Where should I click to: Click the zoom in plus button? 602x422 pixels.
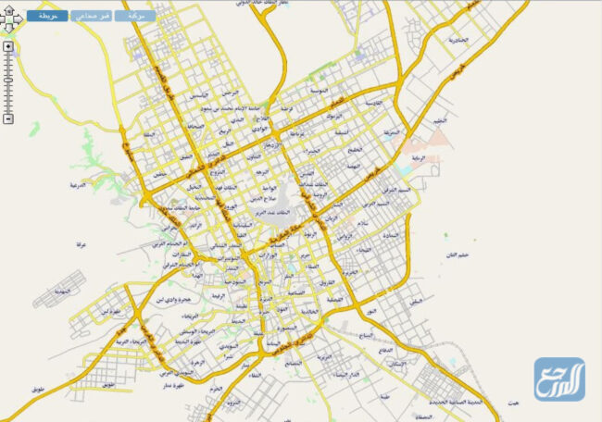click(8, 45)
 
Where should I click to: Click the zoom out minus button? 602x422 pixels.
click(8, 118)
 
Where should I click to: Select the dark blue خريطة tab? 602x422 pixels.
click(45, 16)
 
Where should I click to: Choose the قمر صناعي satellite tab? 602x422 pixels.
click(92, 16)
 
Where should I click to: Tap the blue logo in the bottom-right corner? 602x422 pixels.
click(558, 379)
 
